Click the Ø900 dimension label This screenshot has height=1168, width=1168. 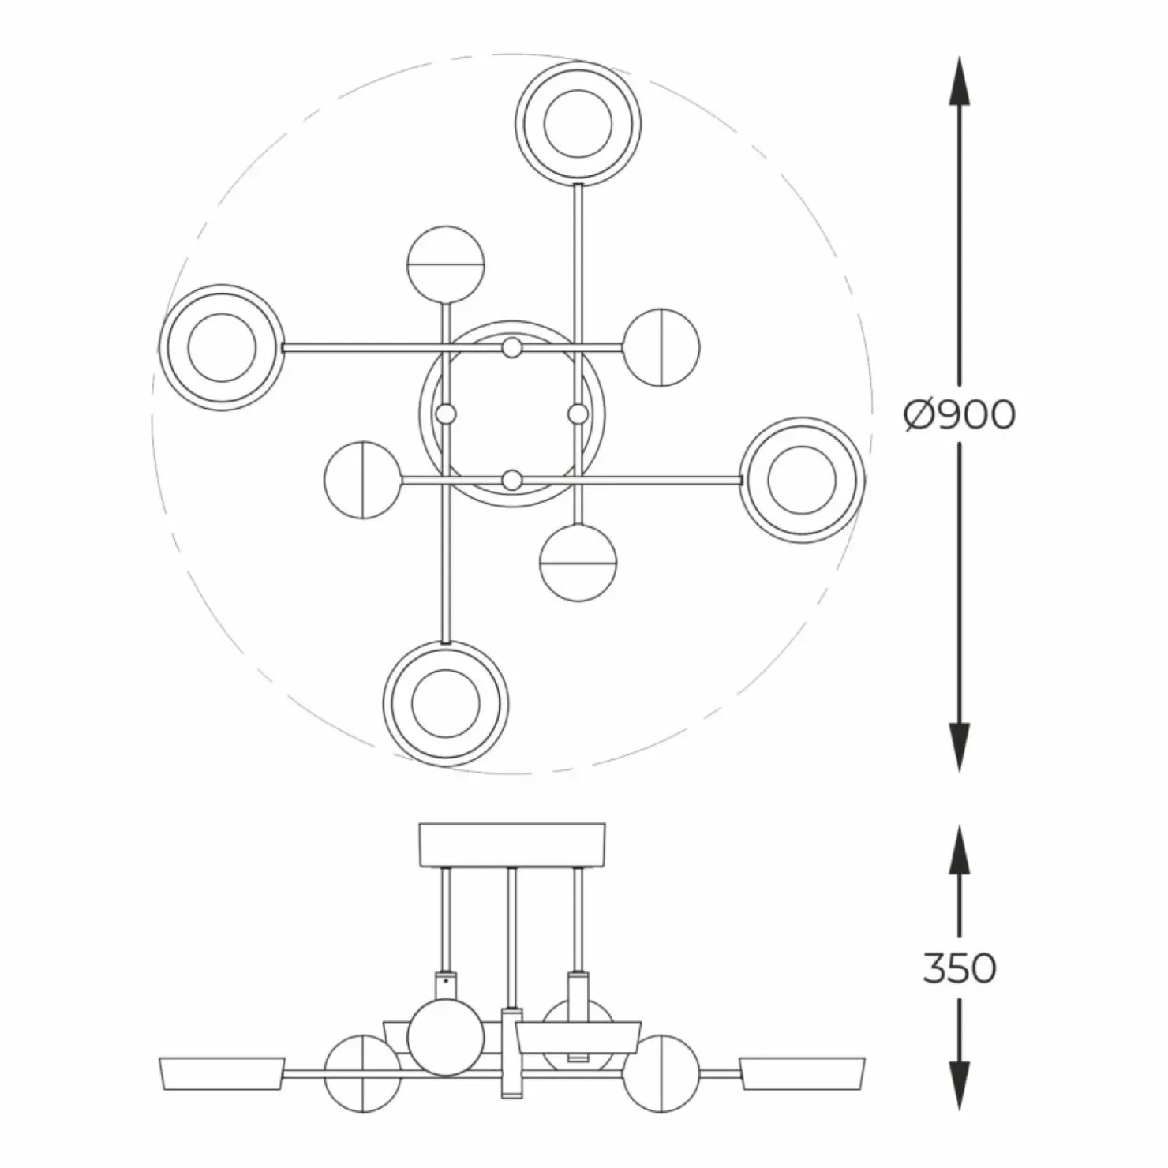pos(960,414)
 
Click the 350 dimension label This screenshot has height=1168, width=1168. pos(959,968)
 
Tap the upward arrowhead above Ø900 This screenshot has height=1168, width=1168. pos(959,81)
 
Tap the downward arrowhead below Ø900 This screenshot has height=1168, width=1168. pos(959,747)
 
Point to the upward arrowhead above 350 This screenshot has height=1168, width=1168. pos(959,851)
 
